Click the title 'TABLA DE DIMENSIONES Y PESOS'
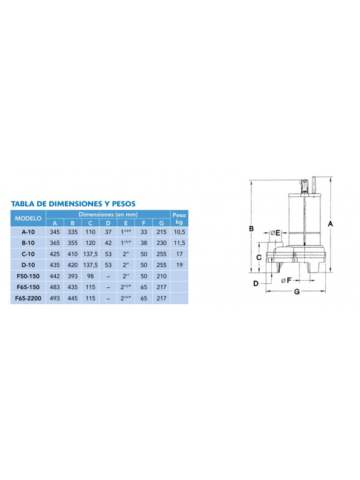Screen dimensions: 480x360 coord(73,203)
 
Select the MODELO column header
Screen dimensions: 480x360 coord(28,218)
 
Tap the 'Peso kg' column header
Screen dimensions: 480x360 coord(178,218)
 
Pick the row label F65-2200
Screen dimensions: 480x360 coord(28,298)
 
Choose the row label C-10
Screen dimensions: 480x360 coord(28,253)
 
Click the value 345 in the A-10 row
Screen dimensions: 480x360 coord(55,231)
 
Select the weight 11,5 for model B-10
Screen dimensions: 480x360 coord(178,242)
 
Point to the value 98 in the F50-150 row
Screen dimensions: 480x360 coord(90,275)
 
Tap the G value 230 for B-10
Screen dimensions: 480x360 coord(160,242)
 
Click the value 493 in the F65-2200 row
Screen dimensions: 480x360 coord(55,298)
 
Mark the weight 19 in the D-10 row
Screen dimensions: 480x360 coord(178,264)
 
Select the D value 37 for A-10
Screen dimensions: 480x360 coord(108,231)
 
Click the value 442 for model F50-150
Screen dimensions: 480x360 coord(55,275)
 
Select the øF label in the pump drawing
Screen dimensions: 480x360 coord(286,280)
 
